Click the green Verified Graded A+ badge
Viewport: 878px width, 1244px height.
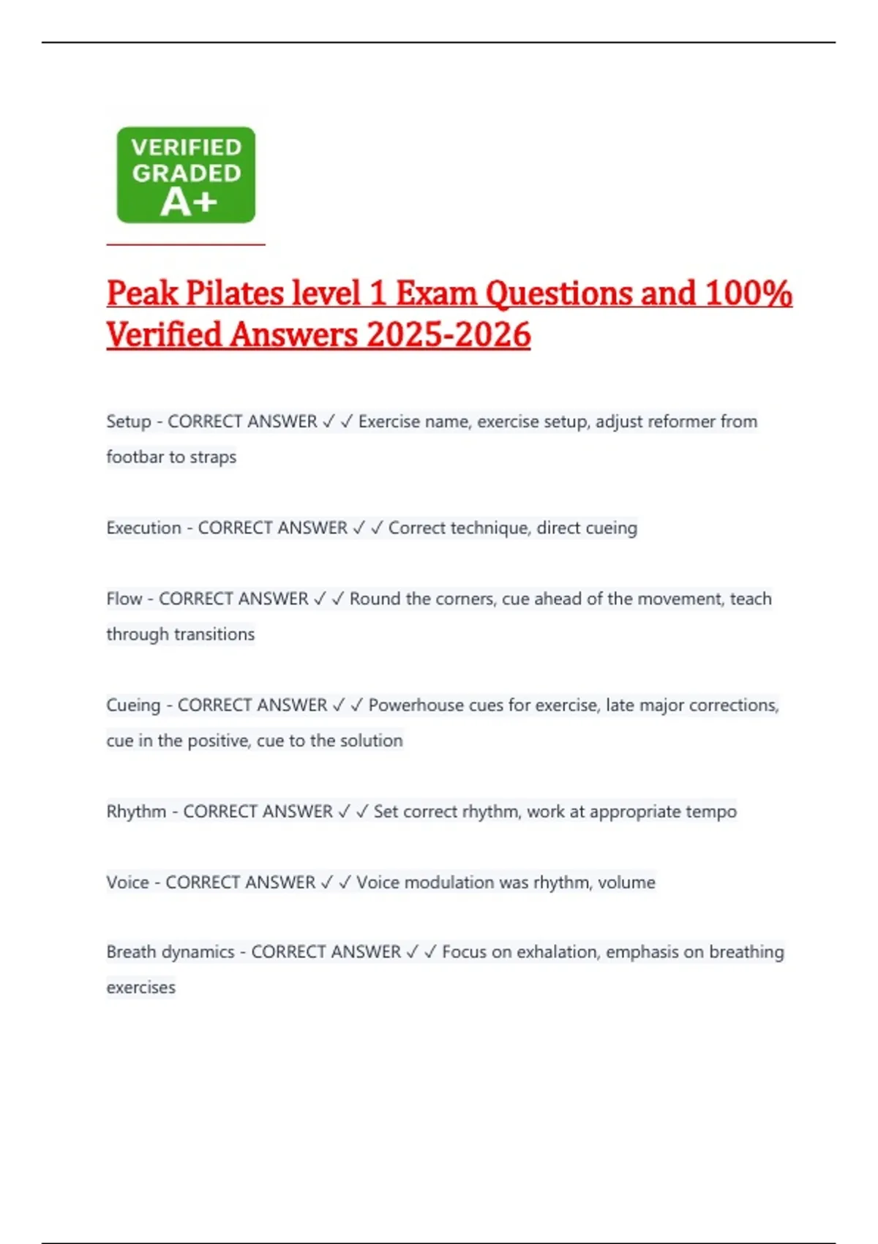186,175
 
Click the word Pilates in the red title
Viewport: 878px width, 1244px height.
235,293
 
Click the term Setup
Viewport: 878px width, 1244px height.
128,421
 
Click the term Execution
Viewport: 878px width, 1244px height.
143,528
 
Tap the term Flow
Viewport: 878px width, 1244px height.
124,599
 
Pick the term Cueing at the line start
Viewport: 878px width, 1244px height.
133,705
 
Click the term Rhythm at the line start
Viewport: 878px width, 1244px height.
136,812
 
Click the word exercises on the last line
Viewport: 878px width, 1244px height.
141,988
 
